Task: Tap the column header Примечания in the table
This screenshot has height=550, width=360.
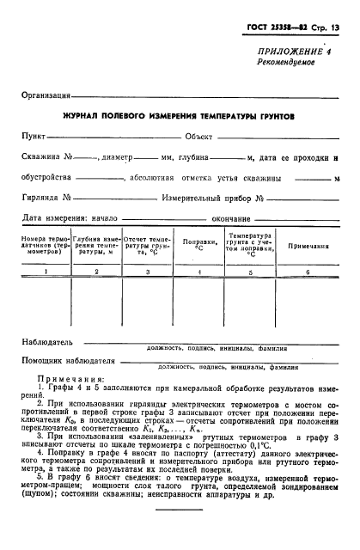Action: click(308, 246)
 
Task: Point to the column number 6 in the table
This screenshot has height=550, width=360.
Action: click(308, 272)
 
